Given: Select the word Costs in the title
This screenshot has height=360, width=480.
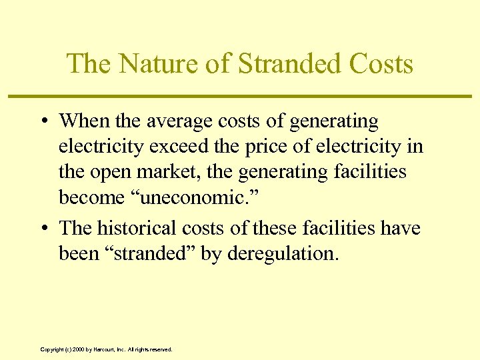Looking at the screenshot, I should coord(383,64).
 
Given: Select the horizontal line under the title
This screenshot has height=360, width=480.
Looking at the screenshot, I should coord(240,97).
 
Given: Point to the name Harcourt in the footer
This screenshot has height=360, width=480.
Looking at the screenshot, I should coord(105,349).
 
